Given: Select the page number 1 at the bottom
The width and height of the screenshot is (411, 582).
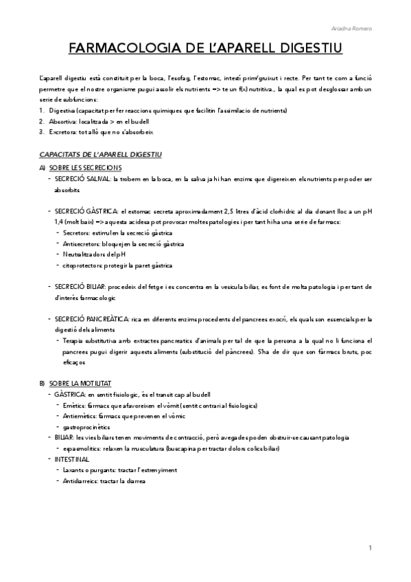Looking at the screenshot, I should click(370, 548).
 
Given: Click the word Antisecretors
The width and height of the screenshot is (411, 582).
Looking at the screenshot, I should click(78, 244).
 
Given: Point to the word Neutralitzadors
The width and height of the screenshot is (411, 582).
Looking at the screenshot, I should click(82, 254).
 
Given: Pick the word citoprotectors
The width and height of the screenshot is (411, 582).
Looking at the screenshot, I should click(79, 265).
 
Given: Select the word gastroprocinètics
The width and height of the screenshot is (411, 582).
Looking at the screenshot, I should click(86, 427).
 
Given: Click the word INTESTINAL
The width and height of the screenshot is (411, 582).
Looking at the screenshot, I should click(71, 458).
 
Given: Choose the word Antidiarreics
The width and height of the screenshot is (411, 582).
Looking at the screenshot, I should click(79, 480).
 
